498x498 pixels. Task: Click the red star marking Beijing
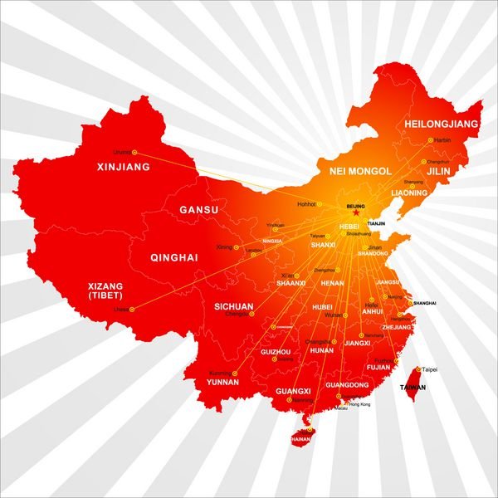(356, 212)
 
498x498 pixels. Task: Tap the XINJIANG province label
(124, 167)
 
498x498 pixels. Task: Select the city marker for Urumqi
(135, 153)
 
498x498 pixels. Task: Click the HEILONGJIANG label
(442, 124)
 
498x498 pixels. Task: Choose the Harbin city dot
(430, 140)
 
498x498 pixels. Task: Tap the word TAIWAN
(413, 388)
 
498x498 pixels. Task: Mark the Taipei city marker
(417, 369)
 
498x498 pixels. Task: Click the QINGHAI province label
(174, 258)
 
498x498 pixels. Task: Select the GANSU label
(199, 210)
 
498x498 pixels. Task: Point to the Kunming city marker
(235, 373)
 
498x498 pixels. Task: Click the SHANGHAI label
(424, 304)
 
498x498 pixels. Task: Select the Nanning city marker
(289, 400)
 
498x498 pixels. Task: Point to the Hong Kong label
(359, 403)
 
